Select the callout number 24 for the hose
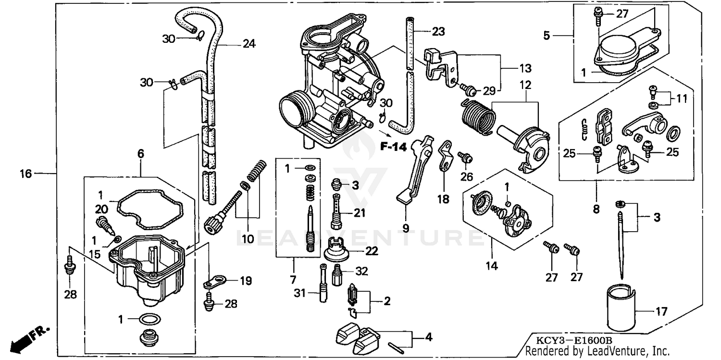(249, 44)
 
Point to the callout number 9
(406, 228)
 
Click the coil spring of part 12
(477, 117)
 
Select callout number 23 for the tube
(438, 32)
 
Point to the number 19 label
(246, 281)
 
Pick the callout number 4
(428, 337)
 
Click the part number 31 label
(299, 293)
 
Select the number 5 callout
(547, 35)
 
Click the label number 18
(443, 199)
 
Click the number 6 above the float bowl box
(140, 154)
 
